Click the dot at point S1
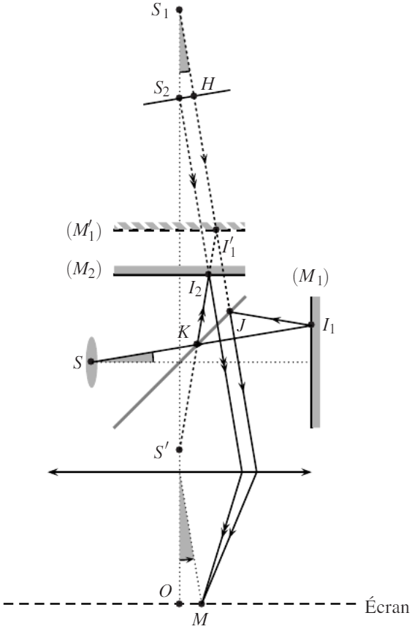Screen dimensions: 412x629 click(179, 9)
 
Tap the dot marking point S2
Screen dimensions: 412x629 click(180, 98)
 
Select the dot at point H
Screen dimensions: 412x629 click(194, 96)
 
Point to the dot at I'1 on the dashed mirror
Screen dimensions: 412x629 click(216, 230)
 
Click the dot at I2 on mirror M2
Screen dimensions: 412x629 click(208, 274)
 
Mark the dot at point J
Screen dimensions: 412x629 click(229, 312)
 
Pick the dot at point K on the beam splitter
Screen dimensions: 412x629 click(197, 344)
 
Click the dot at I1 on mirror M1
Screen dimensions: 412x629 click(311, 325)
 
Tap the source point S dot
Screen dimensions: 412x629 click(91, 361)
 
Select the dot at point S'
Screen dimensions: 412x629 click(180, 449)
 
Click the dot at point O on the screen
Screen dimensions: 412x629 click(180, 603)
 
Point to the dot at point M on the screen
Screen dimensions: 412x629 click(202, 603)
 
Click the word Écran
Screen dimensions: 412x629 click(386, 607)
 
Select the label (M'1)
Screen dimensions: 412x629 click(84, 231)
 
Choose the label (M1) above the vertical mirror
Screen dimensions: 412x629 click(310, 277)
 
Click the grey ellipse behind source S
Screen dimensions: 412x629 click(92, 362)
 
